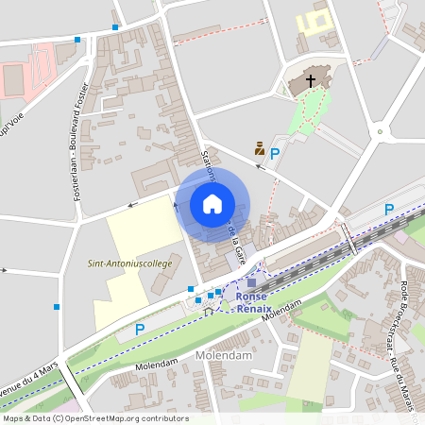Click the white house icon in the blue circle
[x=212, y=204]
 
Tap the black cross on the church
[x=311, y=82]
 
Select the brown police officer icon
[x=258, y=148]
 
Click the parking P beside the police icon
[x=276, y=153]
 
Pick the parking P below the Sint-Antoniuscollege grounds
[x=140, y=330]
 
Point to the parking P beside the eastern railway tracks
[x=388, y=209]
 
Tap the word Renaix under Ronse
[x=253, y=309]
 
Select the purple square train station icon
[x=251, y=281]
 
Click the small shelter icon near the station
[x=209, y=308]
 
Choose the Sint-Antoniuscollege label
[x=129, y=263]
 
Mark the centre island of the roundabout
[x=380, y=132]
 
